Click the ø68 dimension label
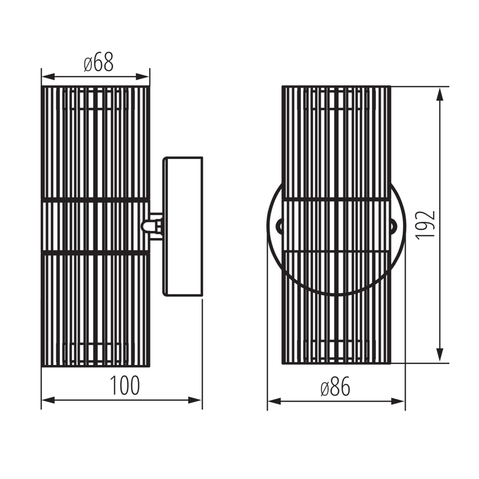[x=99, y=62]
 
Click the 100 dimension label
[x=125, y=386]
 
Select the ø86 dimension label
[x=335, y=387]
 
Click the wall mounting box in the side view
[x=183, y=226]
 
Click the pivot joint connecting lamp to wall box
[x=152, y=225]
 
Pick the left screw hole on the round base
[x=279, y=225]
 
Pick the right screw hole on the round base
[x=393, y=225]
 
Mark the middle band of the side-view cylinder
[x=96, y=225]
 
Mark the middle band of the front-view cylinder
[x=336, y=225]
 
